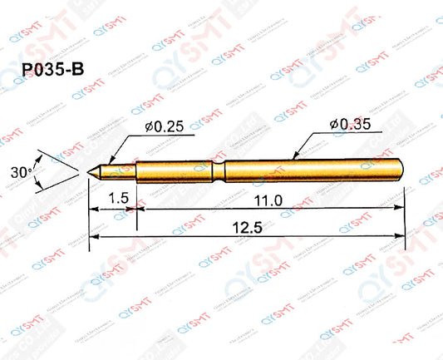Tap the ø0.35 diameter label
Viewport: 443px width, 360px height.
tap(347, 125)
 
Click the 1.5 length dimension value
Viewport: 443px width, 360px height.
tap(118, 200)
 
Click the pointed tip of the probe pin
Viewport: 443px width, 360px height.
tap(91, 171)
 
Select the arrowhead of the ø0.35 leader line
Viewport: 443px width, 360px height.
tap(297, 155)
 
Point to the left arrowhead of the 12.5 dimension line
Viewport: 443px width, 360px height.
tap(93, 236)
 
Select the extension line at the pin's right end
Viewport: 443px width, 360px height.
tap(405, 212)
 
